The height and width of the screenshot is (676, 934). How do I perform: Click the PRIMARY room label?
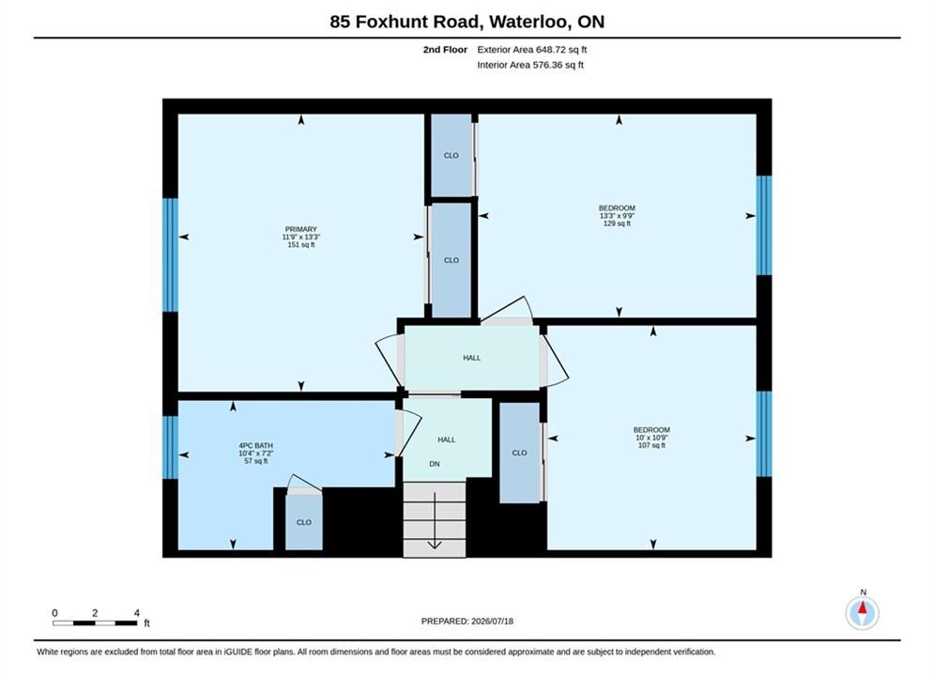[x=300, y=229]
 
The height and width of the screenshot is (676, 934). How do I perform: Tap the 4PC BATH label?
[x=255, y=446]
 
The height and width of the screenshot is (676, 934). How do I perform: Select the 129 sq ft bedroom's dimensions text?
[x=617, y=216]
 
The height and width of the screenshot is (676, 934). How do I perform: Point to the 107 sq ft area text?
[x=651, y=445]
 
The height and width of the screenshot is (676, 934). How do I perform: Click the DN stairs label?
[x=435, y=464]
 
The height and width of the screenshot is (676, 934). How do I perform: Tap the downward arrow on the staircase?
[x=435, y=520]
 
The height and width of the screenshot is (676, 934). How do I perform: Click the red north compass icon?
[x=863, y=612]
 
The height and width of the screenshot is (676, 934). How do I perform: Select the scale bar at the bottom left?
[x=95, y=623]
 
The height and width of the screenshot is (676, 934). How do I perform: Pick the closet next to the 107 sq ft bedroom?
[x=519, y=453]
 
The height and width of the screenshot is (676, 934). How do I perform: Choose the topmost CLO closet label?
[x=451, y=156]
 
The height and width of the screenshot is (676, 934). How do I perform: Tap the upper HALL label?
[x=472, y=358]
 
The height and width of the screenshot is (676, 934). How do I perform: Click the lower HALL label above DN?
[x=447, y=439]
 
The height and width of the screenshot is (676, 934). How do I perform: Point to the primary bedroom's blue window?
[x=170, y=255]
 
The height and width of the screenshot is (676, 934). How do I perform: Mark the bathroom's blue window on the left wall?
[x=170, y=447]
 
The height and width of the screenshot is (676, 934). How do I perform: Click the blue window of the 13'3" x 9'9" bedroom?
[x=764, y=225]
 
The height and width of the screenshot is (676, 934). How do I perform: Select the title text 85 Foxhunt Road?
[x=406, y=22]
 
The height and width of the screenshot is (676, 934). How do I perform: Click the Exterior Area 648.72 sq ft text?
[x=532, y=50]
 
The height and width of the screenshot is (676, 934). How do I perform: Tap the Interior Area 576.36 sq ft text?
[x=530, y=65]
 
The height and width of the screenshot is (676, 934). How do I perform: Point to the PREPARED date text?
[x=467, y=622]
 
